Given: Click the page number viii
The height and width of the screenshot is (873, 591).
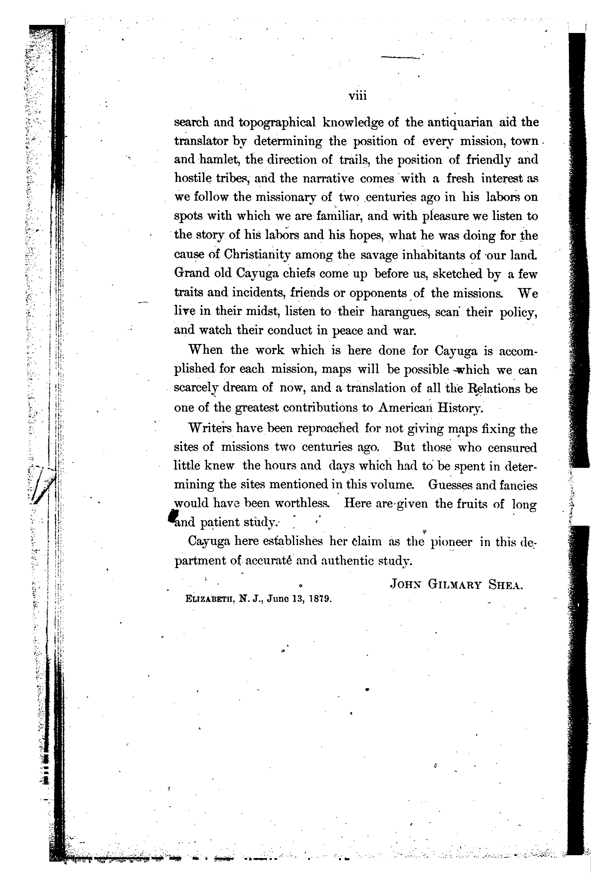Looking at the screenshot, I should point(357,96).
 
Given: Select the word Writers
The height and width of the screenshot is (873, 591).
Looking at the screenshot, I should point(209,429).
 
